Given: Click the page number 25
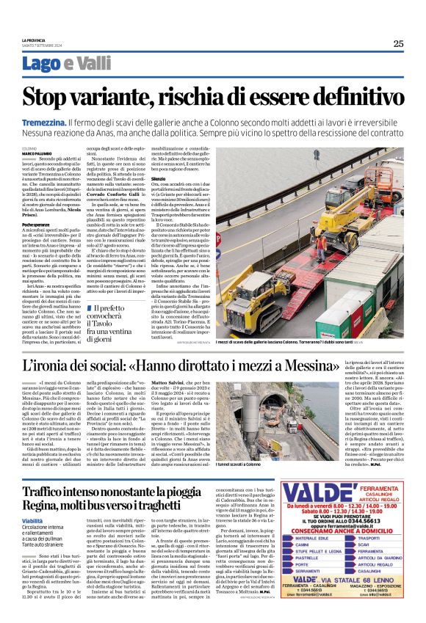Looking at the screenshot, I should pyautogui.click(x=398, y=43).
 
